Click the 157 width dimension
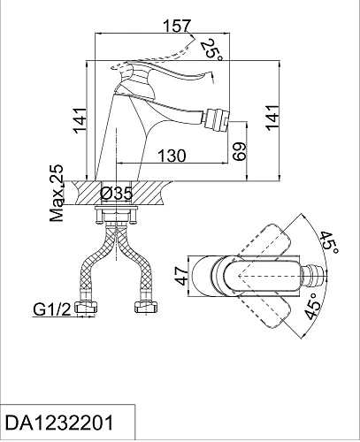click(177, 26)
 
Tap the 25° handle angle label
click(211, 50)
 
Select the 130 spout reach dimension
click(172, 156)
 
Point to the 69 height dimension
click(239, 151)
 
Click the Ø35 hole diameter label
click(116, 194)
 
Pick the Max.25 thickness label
click(57, 194)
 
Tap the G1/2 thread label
click(52, 309)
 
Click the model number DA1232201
click(59, 423)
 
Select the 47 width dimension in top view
click(183, 276)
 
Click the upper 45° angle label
click(329, 242)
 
